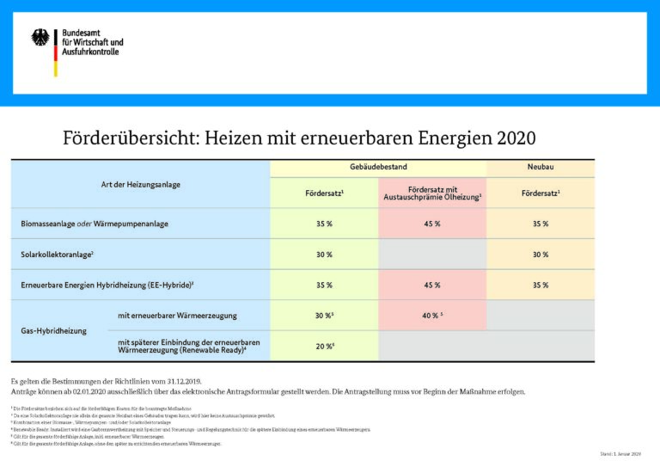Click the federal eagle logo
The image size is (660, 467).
(40, 38)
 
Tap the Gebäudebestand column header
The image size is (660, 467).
(377, 167)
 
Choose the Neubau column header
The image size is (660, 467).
(541, 167)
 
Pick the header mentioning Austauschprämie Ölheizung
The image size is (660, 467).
(431, 193)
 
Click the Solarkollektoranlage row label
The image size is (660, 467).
(57, 255)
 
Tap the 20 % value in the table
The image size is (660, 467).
(323, 346)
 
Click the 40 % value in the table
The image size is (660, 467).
(431, 316)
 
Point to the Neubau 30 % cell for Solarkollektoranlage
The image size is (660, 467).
(540, 255)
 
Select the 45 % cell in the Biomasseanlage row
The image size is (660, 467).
(431, 224)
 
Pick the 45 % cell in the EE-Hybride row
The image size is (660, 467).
(431, 285)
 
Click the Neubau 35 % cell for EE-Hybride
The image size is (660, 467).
(540, 285)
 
